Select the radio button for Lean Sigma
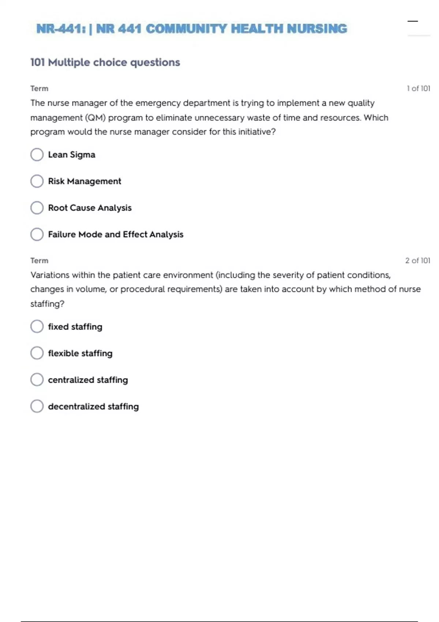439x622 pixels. (x=37, y=154)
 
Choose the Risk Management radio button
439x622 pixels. (x=37, y=181)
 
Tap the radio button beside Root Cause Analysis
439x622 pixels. (x=37, y=208)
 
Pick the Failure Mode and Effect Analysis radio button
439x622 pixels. (x=37, y=234)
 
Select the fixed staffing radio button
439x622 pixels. (x=37, y=326)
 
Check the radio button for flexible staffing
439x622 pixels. (x=37, y=353)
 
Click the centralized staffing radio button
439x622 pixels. (x=37, y=380)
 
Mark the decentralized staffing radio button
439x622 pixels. (x=37, y=406)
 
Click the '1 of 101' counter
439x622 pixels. (x=418, y=89)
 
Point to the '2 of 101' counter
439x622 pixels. (x=417, y=261)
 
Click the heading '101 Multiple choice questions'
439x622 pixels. (x=105, y=63)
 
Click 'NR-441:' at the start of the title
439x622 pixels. (x=61, y=29)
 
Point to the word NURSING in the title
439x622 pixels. (x=317, y=29)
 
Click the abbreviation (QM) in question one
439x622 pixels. (x=95, y=118)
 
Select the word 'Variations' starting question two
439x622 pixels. (x=50, y=275)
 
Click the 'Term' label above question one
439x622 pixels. (x=39, y=89)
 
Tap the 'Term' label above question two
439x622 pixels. (x=39, y=261)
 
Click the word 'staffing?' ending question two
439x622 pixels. (x=47, y=304)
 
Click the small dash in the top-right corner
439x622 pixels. (x=413, y=21)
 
